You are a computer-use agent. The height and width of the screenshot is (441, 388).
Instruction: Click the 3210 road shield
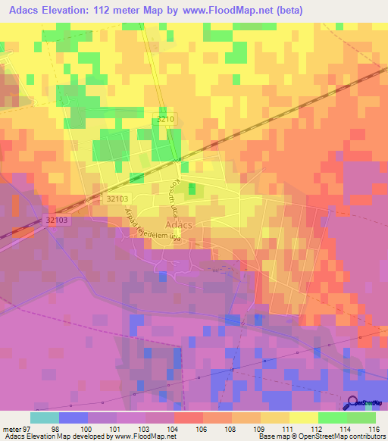[x=166, y=120]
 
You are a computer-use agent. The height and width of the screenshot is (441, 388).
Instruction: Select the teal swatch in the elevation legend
[x=45, y=418]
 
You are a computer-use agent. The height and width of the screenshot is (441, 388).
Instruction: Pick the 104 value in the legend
[x=174, y=428]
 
